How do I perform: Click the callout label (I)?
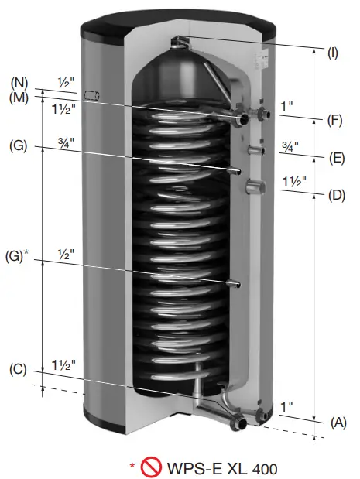(333, 53)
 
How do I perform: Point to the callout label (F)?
(335, 121)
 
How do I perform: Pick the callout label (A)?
(337, 422)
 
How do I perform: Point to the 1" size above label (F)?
(287, 108)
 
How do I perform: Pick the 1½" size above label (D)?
(293, 182)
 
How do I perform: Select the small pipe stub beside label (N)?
(93, 94)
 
